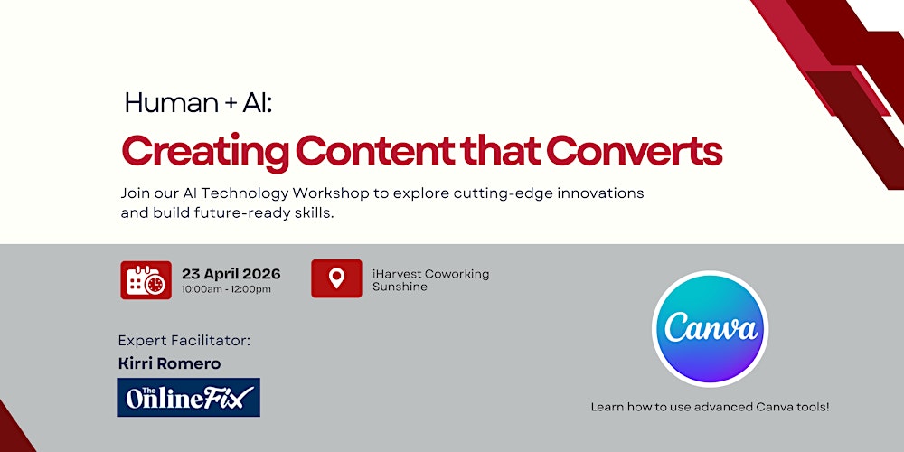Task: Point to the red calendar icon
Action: tap(146, 279)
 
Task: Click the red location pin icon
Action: tap(336, 278)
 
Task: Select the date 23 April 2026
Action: tap(231, 274)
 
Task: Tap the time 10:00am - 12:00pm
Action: tap(226, 289)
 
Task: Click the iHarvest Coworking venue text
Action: tap(430, 274)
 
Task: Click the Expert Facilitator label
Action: tap(184, 341)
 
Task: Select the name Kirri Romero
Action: tap(169, 363)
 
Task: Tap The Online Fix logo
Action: tap(188, 397)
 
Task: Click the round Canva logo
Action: tap(710, 328)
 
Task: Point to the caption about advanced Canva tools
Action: tap(710, 407)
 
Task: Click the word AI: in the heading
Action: tap(257, 104)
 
